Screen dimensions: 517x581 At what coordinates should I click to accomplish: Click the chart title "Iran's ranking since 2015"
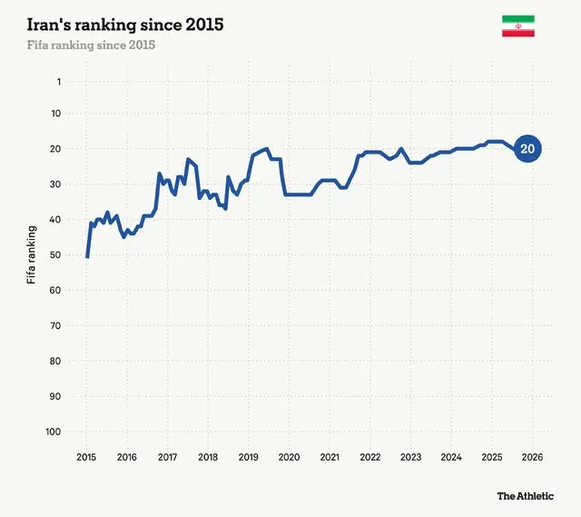click(x=126, y=25)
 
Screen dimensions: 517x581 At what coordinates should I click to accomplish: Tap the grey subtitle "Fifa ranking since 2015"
click(x=92, y=45)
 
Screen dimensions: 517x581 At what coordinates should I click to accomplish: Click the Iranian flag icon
click(x=517, y=26)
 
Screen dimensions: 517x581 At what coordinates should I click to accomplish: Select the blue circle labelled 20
click(x=527, y=149)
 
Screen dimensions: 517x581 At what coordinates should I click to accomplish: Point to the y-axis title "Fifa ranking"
click(x=32, y=255)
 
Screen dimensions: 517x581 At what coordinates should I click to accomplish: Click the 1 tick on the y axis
click(x=58, y=82)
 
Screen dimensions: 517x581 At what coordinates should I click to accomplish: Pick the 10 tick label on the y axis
click(x=55, y=114)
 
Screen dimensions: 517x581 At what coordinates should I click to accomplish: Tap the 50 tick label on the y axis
click(x=55, y=255)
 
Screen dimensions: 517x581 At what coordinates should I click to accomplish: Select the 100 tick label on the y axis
click(x=53, y=432)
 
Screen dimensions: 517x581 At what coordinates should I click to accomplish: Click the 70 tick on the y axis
click(x=55, y=325)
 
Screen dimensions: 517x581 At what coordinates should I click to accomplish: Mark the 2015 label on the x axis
click(x=86, y=457)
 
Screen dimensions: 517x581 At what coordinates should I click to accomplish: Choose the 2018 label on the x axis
click(x=208, y=457)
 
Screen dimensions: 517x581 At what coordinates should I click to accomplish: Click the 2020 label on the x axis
click(x=289, y=457)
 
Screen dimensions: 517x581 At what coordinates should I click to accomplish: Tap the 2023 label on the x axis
click(x=410, y=457)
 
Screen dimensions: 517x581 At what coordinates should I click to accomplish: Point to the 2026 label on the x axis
click(x=532, y=457)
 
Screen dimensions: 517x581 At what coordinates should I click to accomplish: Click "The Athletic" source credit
click(x=525, y=496)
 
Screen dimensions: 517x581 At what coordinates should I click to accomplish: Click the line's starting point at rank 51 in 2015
click(x=87, y=257)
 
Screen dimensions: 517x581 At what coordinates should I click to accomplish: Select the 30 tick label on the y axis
click(x=55, y=184)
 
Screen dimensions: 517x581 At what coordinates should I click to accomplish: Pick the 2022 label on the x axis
click(x=369, y=457)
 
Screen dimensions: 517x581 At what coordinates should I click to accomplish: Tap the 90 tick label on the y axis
click(x=55, y=396)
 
